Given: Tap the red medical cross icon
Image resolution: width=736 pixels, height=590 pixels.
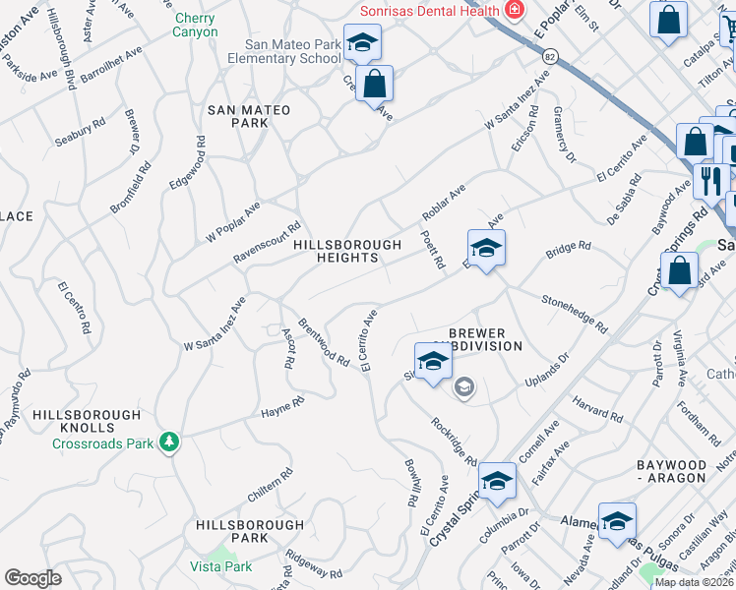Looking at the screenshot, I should click(x=513, y=9).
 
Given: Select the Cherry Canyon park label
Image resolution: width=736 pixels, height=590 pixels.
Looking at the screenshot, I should click(x=196, y=25).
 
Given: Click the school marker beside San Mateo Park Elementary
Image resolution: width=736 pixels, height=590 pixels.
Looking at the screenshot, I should click(x=363, y=44).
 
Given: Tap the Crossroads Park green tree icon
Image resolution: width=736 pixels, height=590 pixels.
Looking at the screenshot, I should click(x=170, y=442).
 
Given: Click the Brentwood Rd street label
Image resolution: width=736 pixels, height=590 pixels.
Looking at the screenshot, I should click(x=324, y=343).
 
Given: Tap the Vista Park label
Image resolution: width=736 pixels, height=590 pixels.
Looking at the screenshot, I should click(x=221, y=566).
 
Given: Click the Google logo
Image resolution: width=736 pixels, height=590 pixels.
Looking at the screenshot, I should click(x=32, y=578).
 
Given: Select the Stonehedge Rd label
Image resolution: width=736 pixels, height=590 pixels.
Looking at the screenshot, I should click(x=574, y=314).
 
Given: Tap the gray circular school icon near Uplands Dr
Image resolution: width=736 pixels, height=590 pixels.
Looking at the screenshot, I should click(x=463, y=388).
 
